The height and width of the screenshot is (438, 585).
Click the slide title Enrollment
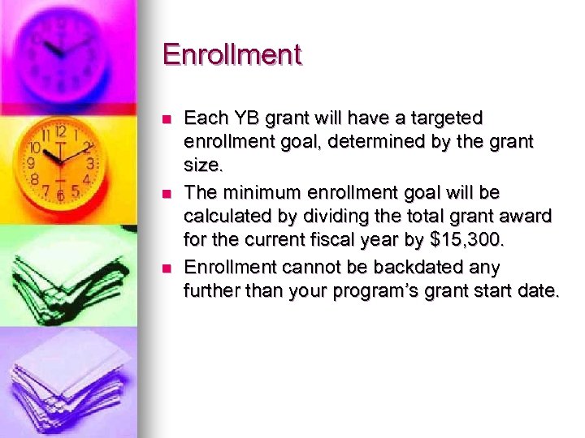(x=232, y=55)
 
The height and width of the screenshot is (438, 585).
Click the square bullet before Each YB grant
(x=166, y=119)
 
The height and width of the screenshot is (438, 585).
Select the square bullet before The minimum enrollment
(x=166, y=194)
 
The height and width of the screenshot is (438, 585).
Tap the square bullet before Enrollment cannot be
(x=166, y=268)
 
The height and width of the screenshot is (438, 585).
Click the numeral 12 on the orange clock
(x=59, y=131)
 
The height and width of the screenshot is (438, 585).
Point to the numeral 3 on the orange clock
(x=91, y=164)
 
